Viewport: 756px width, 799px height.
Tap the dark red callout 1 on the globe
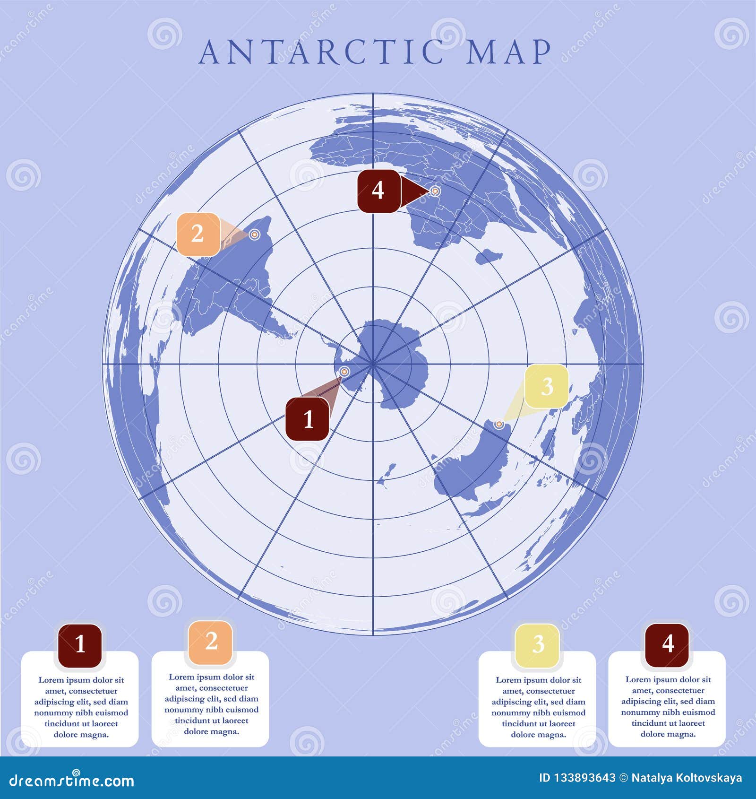click(x=307, y=419)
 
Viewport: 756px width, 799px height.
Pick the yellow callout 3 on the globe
click(x=547, y=386)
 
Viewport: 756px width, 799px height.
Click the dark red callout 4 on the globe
click(x=378, y=191)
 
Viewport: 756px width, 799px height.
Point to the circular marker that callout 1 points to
click(x=344, y=372)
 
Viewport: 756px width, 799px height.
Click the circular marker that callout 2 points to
click(x=254, y=234)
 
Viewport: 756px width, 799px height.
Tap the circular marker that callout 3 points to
click(x=498, y=424)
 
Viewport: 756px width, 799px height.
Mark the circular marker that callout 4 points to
click(x=435, y=191)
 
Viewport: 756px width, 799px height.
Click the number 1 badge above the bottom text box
click(x=80, y=645)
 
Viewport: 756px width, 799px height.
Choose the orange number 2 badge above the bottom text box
click(x=211, y=643)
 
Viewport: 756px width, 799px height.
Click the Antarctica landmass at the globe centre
click(x=392, y=359)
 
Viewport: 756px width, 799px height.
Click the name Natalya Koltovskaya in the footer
click(x=687, y=778)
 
